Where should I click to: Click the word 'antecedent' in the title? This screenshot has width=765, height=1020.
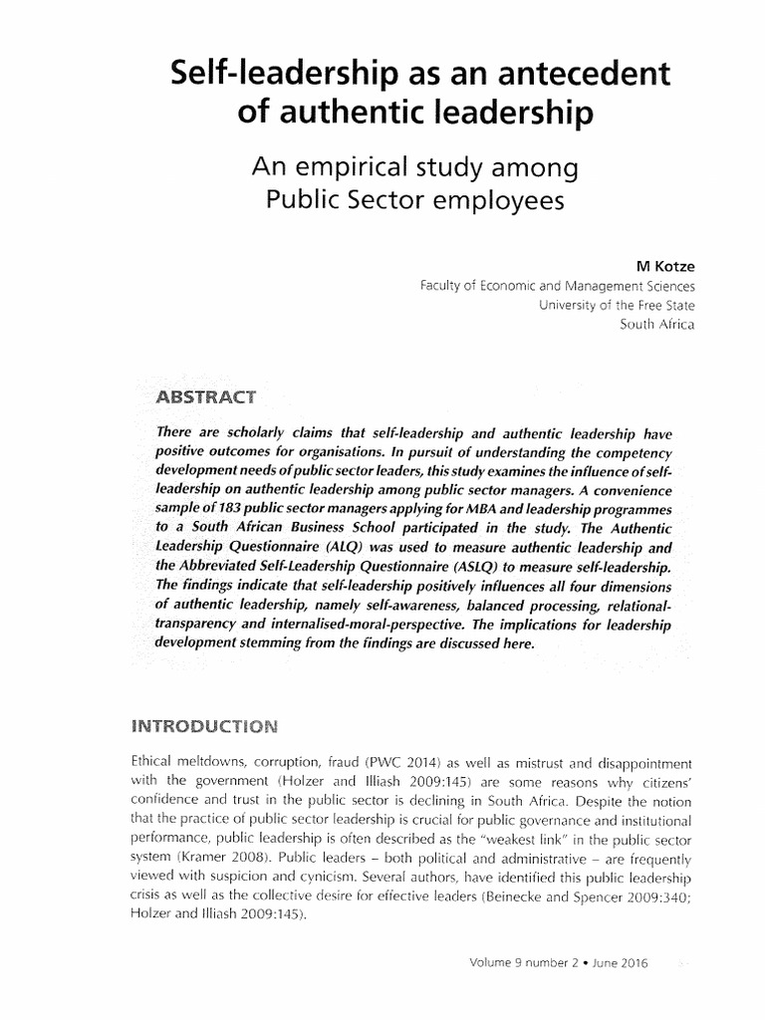point(579,74)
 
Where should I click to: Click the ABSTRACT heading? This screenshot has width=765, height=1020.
point(205,397)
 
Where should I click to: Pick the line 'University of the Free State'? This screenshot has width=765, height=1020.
point(617,305)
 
